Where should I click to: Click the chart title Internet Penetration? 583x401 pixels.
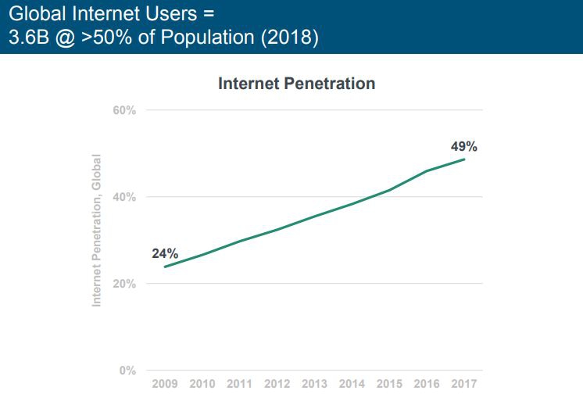pos(296,83)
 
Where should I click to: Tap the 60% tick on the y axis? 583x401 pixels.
pos(123,110)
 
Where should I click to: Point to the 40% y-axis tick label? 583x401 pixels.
pos(123,197)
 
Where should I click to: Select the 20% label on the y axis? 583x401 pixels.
pos(123,284)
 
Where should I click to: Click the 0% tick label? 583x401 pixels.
pos(127,371)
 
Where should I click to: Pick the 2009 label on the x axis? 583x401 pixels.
pos(165,384)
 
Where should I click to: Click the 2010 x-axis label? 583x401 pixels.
pos(202,384)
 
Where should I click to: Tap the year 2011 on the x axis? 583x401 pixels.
pos(240,384)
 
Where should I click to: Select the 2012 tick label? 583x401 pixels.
pos(277,384)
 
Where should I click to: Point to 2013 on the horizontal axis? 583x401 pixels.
pos(315,384)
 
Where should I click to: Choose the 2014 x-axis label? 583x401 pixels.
pos(352,384)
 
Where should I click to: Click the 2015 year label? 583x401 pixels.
pos(390,384)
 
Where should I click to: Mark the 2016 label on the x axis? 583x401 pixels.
pos(427,384)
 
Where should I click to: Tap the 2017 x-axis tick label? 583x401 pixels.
pos(464,384)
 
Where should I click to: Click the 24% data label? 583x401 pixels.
pos(165,253)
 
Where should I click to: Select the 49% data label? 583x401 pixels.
pos(464,146)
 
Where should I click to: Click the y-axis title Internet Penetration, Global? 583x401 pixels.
pos(98,230)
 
